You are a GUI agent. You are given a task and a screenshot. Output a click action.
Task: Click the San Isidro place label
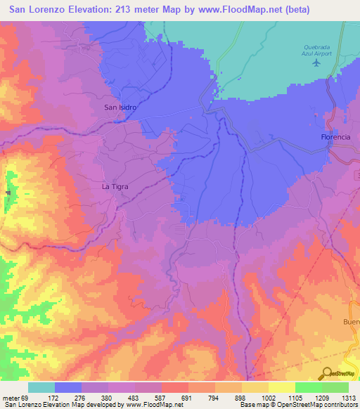(x=120, y=108)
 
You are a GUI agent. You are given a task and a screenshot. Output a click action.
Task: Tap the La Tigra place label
(x=115, y=187)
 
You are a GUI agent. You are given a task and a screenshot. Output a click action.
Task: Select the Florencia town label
(x=335, y=136)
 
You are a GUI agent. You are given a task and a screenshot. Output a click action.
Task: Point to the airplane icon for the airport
(x=316, y=63)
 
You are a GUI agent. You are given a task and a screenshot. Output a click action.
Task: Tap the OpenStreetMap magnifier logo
(x=327, y=374)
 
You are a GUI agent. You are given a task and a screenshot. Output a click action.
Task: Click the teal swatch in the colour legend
(x=41, y=387)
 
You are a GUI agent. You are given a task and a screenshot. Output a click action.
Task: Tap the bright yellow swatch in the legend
(x=281, y=387)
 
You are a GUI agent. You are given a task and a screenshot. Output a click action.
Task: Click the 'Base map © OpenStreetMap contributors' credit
(x=299, y=404)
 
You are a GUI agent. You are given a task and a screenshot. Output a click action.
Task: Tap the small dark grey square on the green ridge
(x=8, y=193)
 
